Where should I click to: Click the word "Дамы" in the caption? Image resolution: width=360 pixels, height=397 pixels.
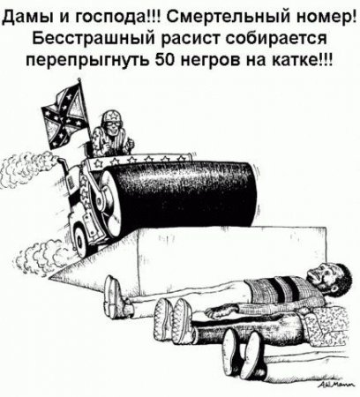point(26,15)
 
